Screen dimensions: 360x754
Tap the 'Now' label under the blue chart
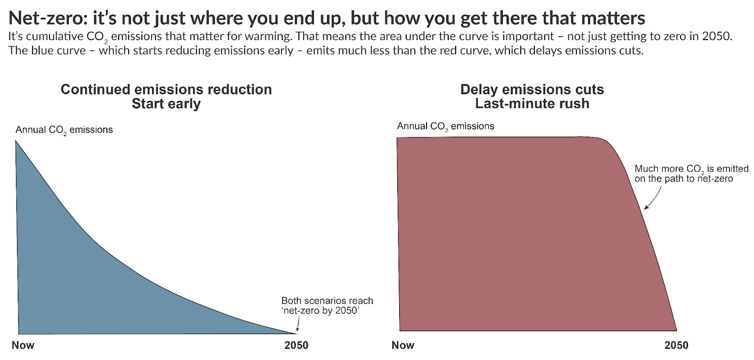click(x=23, y=345)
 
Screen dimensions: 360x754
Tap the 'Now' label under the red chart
click(x=403, y=345)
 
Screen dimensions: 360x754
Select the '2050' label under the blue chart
click(x=296, y=345)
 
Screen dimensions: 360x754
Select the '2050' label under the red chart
click(x=676, y=345)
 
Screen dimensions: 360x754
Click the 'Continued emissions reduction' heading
click(x=166, y=90)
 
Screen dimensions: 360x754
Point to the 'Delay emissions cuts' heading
click(x=532, y=90)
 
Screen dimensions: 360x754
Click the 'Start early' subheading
click(x=166, y=104)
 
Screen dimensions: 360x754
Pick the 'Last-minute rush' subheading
click(x=532, y=104)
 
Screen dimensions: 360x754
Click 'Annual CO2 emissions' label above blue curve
click(x=64, y=130)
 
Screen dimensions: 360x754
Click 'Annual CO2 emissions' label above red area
click(x=445, y=126)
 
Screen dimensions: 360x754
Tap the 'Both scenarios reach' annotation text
click(x=327, y=301)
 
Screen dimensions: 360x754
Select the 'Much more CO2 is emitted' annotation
click(x=691, y=169)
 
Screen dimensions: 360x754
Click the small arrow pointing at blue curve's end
click(x=297, y=325)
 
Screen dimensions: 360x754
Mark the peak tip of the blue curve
click(x=16, y=142)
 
